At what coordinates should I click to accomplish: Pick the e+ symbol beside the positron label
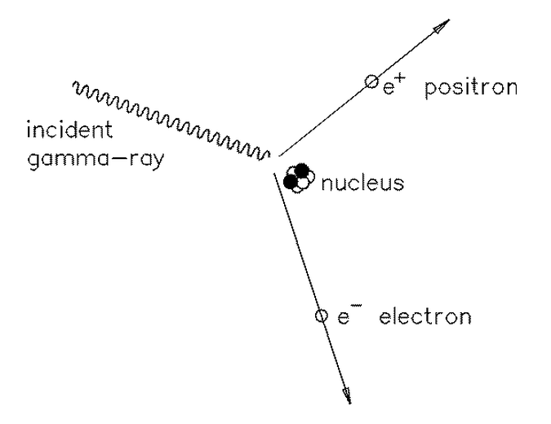click(394, 86)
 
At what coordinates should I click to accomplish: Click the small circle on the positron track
click(371, 81)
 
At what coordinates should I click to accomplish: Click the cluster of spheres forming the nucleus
click(298, 177)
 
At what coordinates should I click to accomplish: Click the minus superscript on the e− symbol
click(356, 307)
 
